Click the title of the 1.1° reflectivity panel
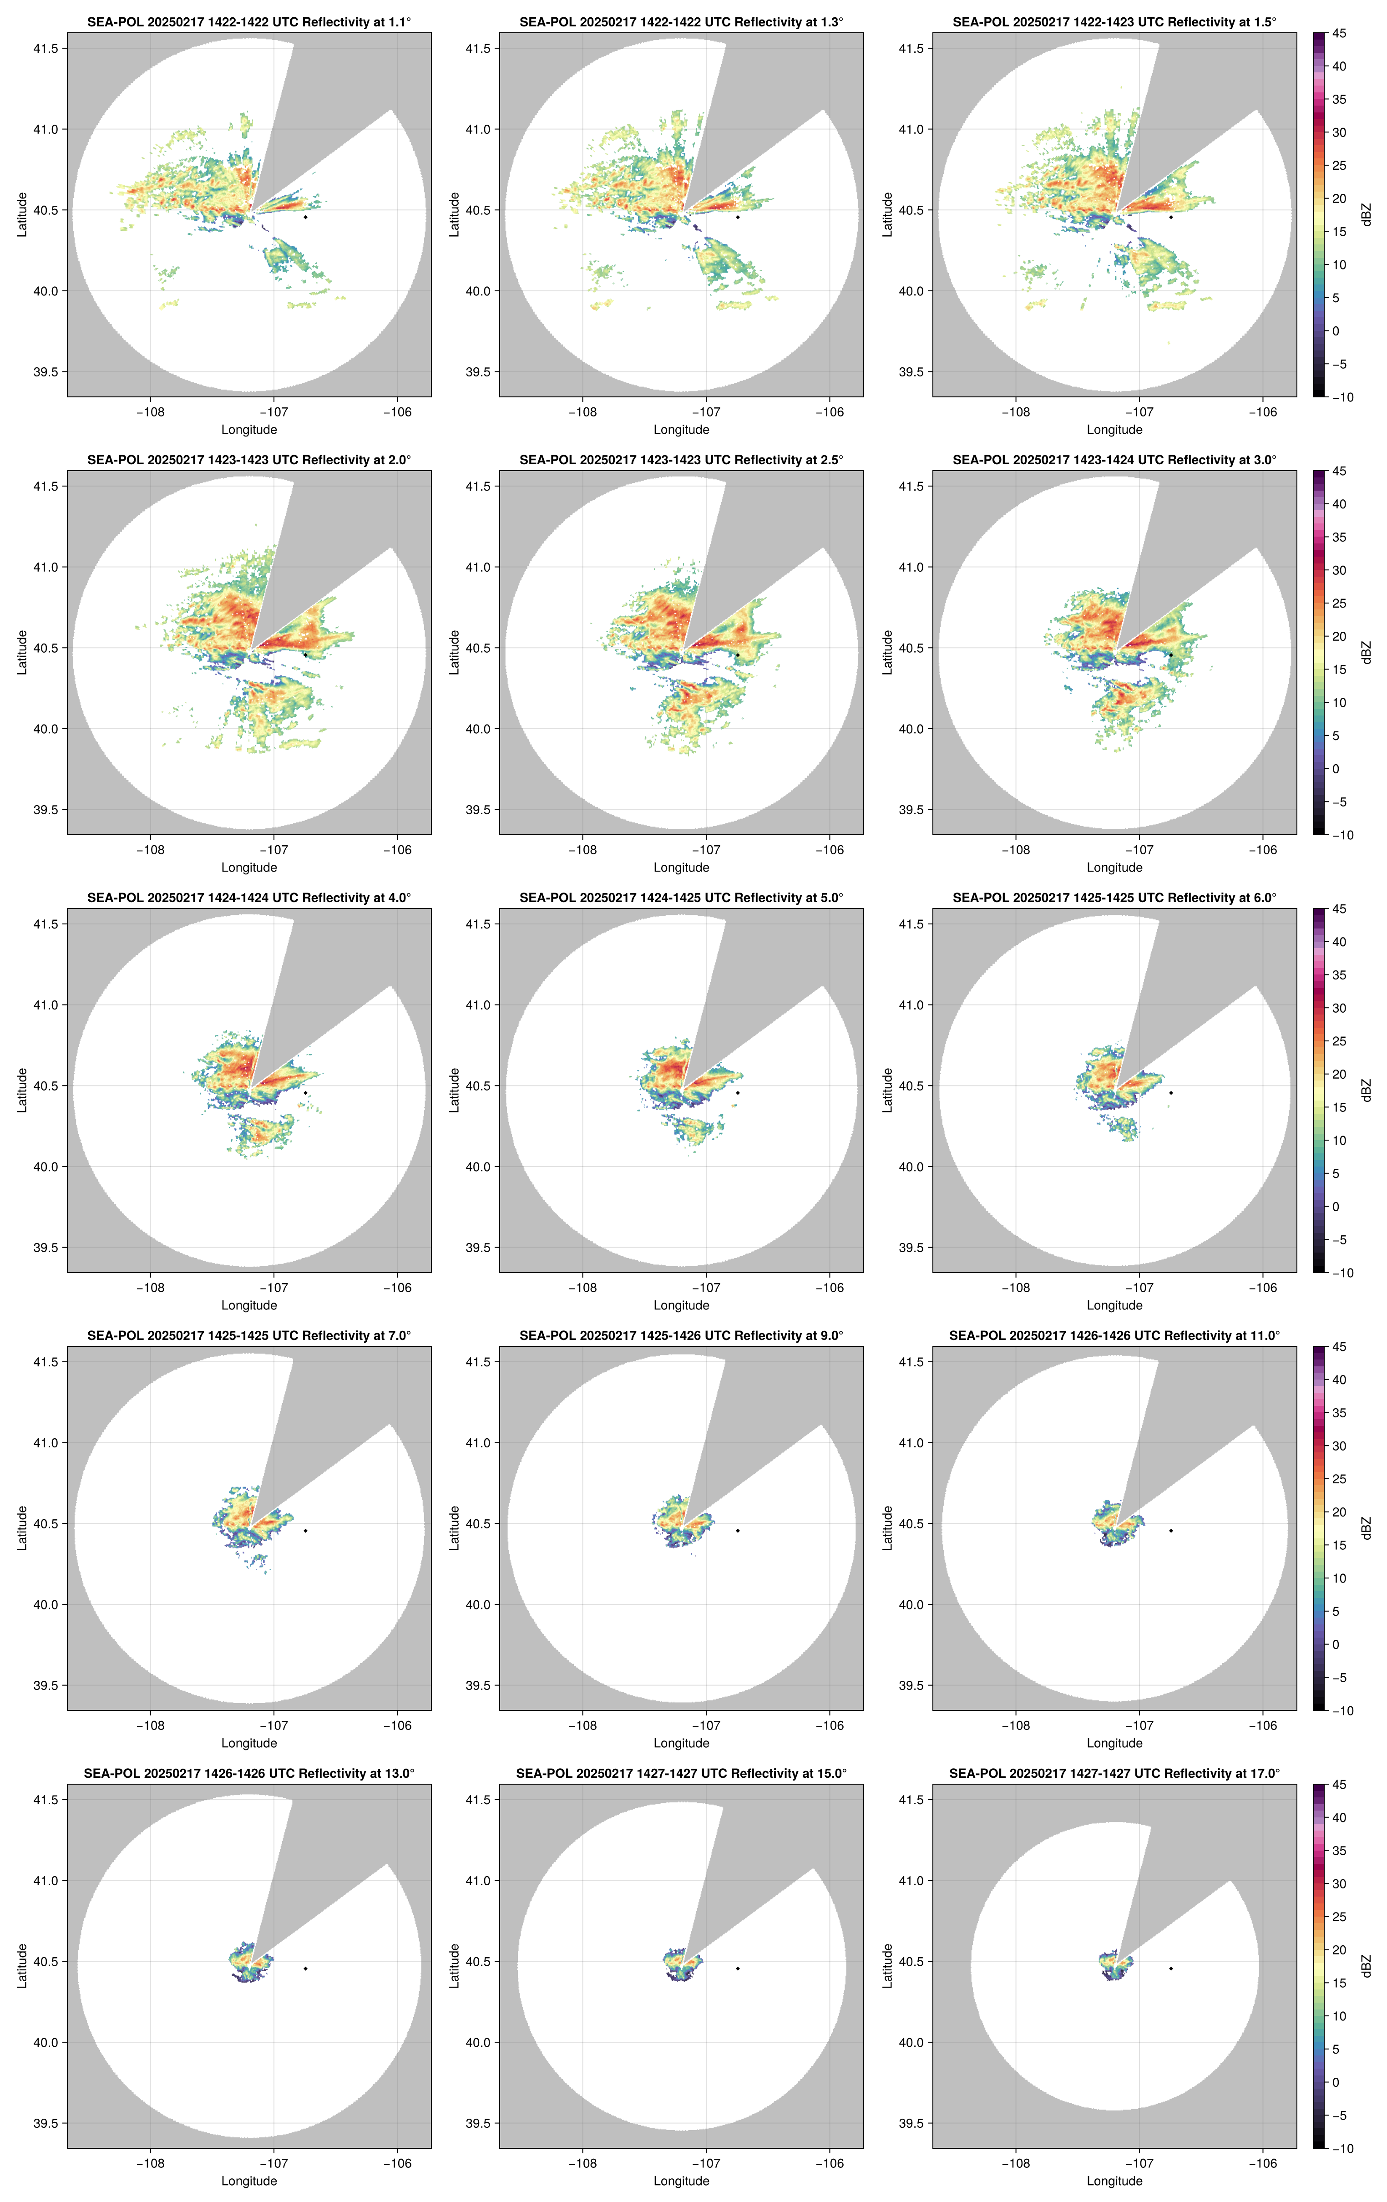pos(249,22)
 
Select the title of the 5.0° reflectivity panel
pos(681,898)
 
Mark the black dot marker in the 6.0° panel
pos(1170,1093)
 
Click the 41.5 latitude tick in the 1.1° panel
pos(46,48)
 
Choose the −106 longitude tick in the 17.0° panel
pos(1263,2164)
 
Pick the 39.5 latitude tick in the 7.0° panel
pos(46,1685)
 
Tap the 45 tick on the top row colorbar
pos(1339,34)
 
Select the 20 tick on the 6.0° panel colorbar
pos(1339,1075)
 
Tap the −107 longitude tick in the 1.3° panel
pos(706,412)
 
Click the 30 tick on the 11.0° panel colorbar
pos(1339,1446)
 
